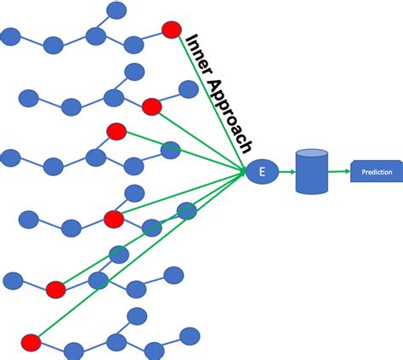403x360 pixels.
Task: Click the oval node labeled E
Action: (262, 172)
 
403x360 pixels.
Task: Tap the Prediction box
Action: (376, 172)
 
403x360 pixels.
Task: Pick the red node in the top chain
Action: (172, 29)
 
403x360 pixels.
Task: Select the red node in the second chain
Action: (152, 106)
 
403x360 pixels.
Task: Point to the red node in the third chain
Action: (116, 131)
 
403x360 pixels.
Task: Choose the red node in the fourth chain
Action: (114, 220)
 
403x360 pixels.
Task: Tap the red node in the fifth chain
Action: (56, 289)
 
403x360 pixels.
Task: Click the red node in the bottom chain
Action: (31, 342)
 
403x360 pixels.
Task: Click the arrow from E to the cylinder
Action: (284, 172)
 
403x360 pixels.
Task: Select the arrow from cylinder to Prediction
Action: (338, 172)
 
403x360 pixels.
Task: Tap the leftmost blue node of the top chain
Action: (10, 36)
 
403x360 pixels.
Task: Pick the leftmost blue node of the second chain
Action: (29, 98)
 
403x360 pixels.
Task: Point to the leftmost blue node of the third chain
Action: (10, 157)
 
